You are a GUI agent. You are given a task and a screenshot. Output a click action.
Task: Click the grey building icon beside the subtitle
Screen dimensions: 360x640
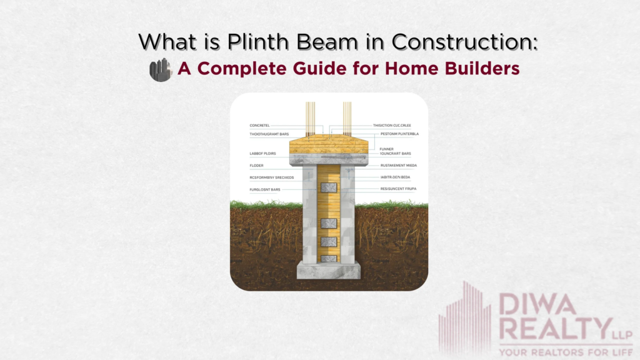click(161, 69)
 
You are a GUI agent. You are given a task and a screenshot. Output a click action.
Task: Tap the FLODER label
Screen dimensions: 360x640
click(257, 166)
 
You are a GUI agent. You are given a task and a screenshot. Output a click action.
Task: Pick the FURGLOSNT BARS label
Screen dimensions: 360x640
click(265, 189)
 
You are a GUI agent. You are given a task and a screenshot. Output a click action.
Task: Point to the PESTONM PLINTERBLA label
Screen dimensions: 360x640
click(396, 134)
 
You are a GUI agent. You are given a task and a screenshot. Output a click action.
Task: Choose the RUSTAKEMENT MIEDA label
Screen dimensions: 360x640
click(398, 166)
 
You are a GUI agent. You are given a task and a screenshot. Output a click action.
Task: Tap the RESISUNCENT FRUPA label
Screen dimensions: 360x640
click(398, 189)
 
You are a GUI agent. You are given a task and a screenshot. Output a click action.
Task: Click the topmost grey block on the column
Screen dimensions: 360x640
click(329, 187)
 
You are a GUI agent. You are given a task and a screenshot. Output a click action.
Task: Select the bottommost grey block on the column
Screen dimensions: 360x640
click(329, 257)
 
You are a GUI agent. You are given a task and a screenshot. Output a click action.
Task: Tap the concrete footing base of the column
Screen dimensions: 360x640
click(329, 270)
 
